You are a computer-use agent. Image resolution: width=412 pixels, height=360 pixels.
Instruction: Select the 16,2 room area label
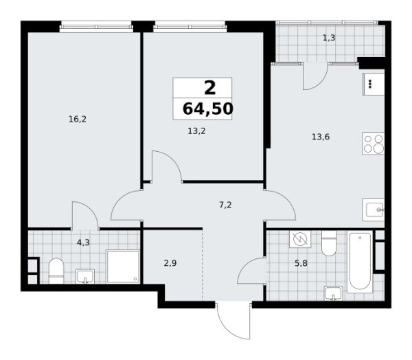point(77,119)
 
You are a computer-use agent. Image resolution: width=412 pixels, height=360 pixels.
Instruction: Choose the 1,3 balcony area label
point(329,38)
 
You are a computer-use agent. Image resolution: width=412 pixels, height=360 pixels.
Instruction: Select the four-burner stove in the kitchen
point(373,144)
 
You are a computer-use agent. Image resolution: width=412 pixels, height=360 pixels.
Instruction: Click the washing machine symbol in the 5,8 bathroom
point(299,240)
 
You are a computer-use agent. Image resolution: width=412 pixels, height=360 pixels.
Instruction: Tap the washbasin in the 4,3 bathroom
point(84,276)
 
